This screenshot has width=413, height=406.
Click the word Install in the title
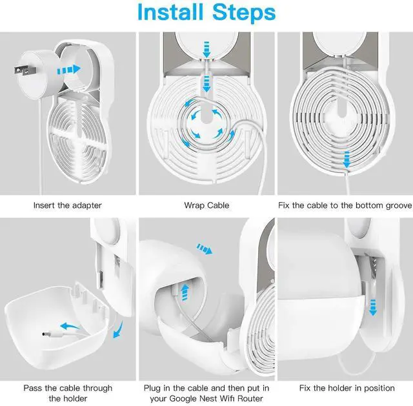[x=170, y=12]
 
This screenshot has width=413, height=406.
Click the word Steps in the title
[x=244, y=12]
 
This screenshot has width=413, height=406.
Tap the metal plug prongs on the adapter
[x=25, y=71]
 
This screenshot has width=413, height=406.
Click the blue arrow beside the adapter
[x=69, y=70]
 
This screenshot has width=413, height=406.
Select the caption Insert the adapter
[x=67, y=205]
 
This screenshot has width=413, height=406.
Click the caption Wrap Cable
[x=206, y=205]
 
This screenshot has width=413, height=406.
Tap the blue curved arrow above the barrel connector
[x=70, y=327]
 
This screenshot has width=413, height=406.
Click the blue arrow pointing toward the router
[x=205, y=249]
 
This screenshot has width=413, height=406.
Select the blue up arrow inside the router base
[x=185, y=292]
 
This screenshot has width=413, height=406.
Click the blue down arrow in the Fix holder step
[x=373, y=307]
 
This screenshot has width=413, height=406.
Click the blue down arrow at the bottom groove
[x=347, y=159]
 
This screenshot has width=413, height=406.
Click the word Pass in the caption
[x=33, y=388]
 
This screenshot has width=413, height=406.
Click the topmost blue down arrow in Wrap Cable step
[x=206, y=49]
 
